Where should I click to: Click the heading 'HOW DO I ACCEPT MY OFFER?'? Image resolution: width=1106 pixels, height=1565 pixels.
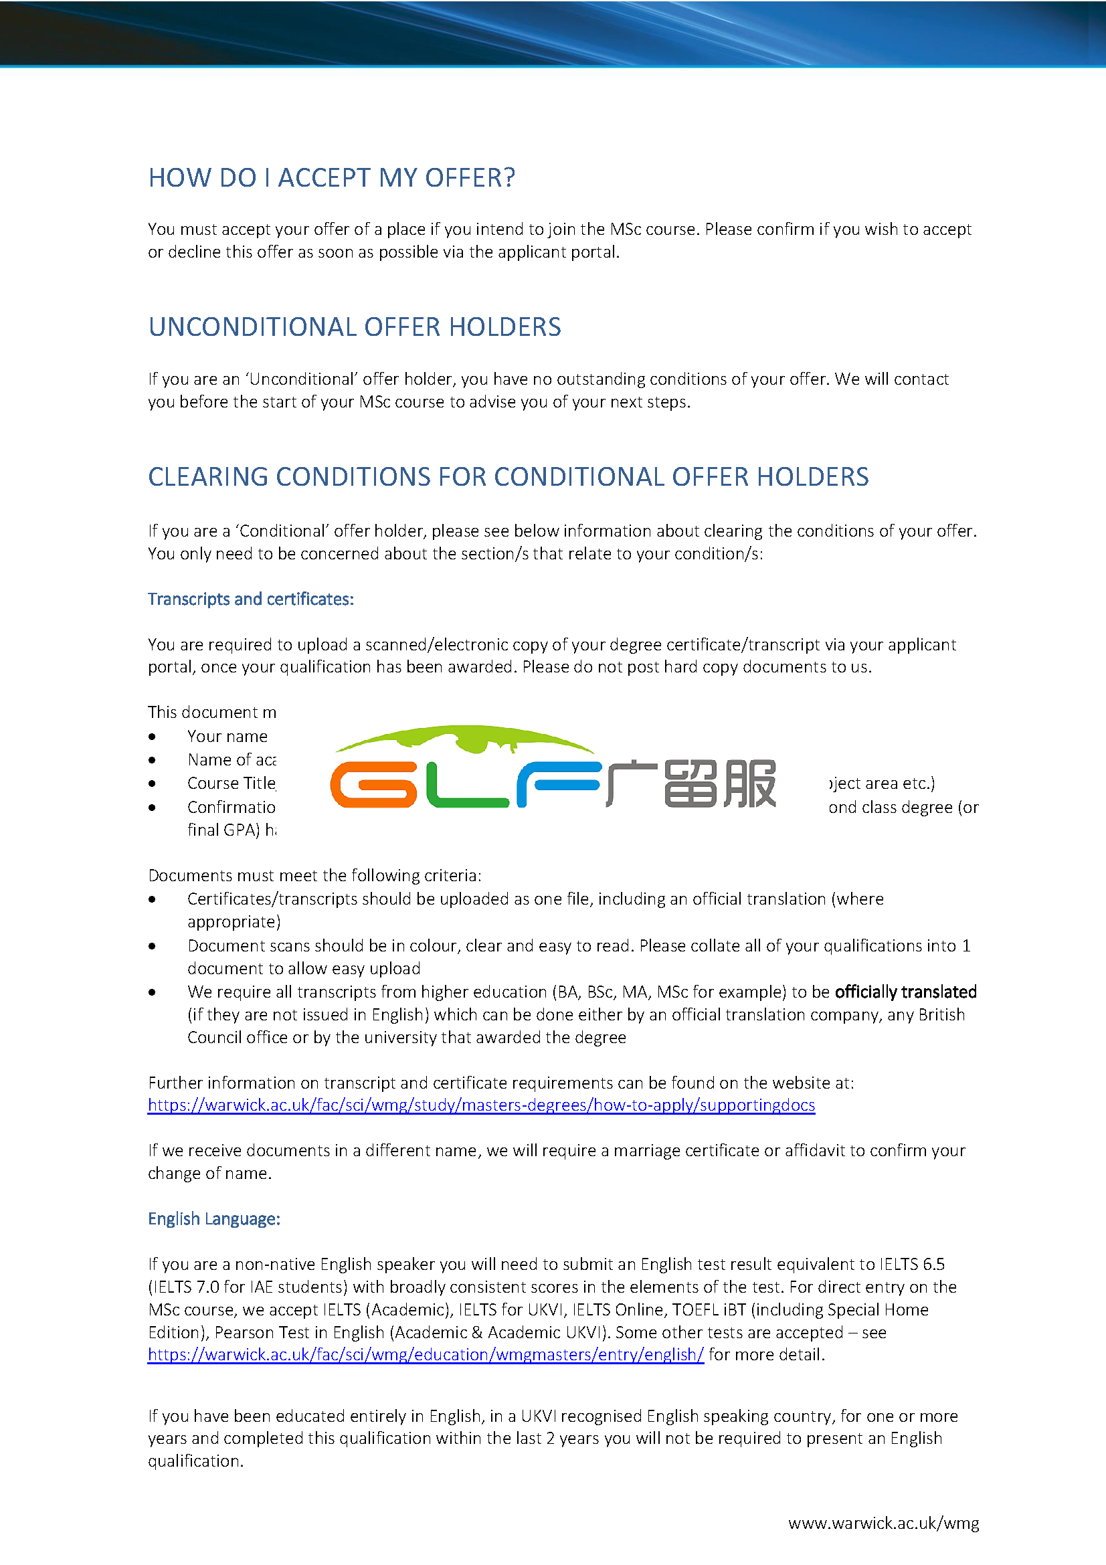[331, 178]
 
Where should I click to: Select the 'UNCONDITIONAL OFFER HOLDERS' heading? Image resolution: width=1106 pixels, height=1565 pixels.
[355, 327]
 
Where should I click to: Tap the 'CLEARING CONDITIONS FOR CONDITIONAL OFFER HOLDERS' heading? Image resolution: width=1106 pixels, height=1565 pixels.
[508, 477]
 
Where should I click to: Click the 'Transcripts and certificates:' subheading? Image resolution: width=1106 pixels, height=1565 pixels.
[251, 599]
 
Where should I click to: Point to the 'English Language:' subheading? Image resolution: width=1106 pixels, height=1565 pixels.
[214, 1218]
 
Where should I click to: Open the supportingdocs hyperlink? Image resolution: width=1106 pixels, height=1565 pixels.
[481, 1105]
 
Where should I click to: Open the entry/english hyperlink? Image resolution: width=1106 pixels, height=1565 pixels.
[426, 1354]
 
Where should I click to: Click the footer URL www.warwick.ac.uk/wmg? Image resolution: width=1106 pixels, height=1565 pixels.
[883, 1523]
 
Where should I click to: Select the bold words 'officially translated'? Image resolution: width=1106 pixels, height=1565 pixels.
[905, 992]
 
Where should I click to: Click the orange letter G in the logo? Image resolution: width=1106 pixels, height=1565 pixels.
[373, 785]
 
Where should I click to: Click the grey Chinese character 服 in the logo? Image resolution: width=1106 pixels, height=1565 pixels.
[749, 784]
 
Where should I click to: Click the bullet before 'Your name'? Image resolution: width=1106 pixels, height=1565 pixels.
[152, 737]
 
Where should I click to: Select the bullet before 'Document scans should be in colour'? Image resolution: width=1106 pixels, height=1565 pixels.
[152, 946]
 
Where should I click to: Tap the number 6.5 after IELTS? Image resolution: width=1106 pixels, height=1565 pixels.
[933, 1265]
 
